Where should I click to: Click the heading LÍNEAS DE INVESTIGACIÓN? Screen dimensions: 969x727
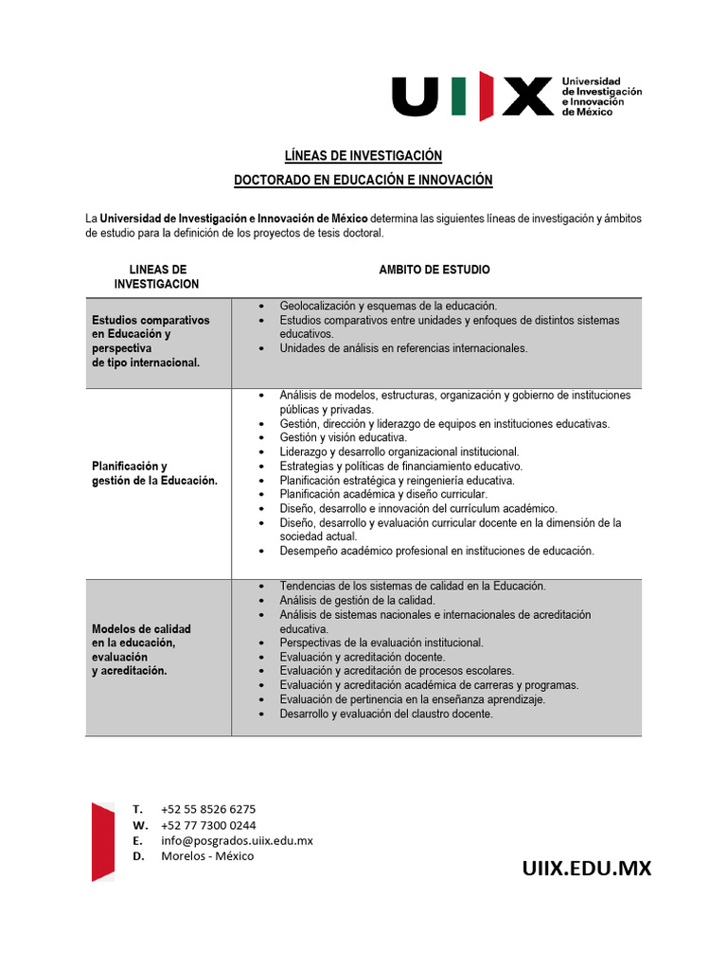[363, 155]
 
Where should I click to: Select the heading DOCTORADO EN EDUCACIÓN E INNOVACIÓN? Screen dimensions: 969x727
[363, 180]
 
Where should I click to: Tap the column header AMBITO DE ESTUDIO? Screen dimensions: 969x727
[434, 270]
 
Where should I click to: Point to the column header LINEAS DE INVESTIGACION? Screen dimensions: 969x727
[157, 276]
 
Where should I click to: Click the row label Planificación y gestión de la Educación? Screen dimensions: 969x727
[154, 473]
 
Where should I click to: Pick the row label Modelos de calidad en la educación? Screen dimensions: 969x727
[141, 649]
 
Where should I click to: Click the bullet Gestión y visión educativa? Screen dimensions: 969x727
[343, 438]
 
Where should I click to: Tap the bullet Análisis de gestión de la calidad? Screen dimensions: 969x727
[357, 600]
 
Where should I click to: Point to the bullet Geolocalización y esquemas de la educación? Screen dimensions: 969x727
[388, 306]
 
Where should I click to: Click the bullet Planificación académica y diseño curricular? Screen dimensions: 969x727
[383, 494]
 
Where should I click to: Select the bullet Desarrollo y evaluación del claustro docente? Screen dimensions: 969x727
[386, 714]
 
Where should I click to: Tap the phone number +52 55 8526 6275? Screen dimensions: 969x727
[208, 809]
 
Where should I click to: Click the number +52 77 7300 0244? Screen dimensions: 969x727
[208, 825]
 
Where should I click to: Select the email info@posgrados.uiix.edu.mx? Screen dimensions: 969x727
[237, 840]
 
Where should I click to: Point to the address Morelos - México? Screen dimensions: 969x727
[207, 856]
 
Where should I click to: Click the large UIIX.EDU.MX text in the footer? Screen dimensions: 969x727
[587, 868]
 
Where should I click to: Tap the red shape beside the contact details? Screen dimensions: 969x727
[103, 840]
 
